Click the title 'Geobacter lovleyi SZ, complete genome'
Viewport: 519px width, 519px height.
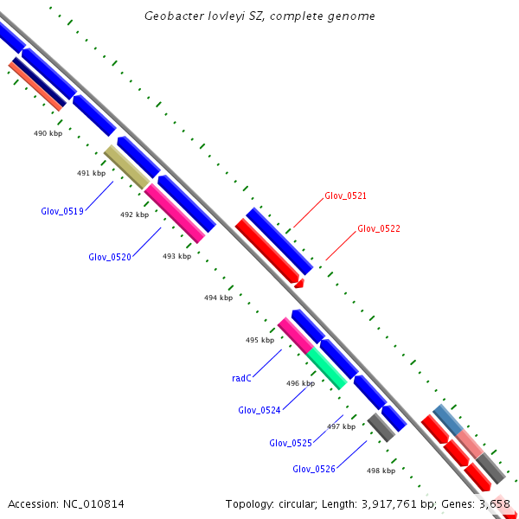(x=259, y=16)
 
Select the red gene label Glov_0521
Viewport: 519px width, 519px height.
(x=345, y=196)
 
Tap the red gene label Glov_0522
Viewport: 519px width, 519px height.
(x=379, y=229)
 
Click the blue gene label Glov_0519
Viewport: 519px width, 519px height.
(x=62, y=211)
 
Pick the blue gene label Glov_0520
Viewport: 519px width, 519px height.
(x=110, y=257)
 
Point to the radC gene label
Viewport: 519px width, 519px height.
(x=241, y=378)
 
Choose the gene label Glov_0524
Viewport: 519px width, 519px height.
(x=259, y=410)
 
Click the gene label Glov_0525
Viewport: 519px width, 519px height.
(x=291, y=443)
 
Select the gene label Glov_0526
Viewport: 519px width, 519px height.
(x=314, y=469)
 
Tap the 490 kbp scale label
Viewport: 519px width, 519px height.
(x=48, y=133)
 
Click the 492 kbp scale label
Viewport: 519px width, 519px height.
(x=134, y=215)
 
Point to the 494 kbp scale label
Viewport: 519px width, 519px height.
(x=218, y=298)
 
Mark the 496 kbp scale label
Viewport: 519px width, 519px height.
(x=300, y=383)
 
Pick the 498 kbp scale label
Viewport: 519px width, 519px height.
(x=381, y=471)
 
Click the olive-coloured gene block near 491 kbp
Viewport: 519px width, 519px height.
(x=126, y=167)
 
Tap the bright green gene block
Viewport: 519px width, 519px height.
(x=327, y=368)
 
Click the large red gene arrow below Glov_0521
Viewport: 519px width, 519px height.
(x=268, y=251)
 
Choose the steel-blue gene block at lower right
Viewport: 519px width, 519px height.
(x=448, y=420)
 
